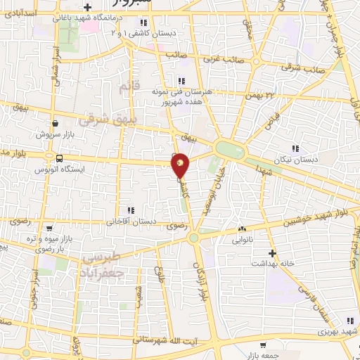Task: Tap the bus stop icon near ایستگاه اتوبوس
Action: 59,158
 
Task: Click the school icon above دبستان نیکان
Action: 295,148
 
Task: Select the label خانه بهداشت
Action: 273,263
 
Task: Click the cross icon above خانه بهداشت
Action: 273,252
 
